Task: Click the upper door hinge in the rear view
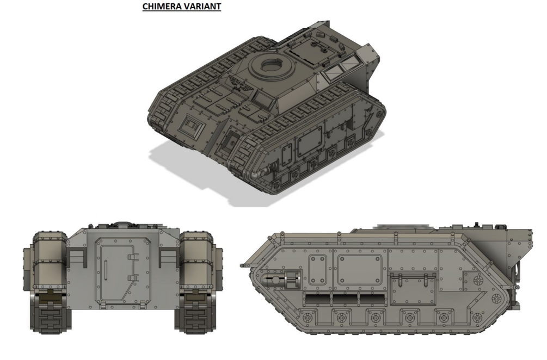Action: click(x=133, y=257)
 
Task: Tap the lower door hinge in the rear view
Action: click(x=133, y=278)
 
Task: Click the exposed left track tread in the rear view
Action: click(x=52, y=314)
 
